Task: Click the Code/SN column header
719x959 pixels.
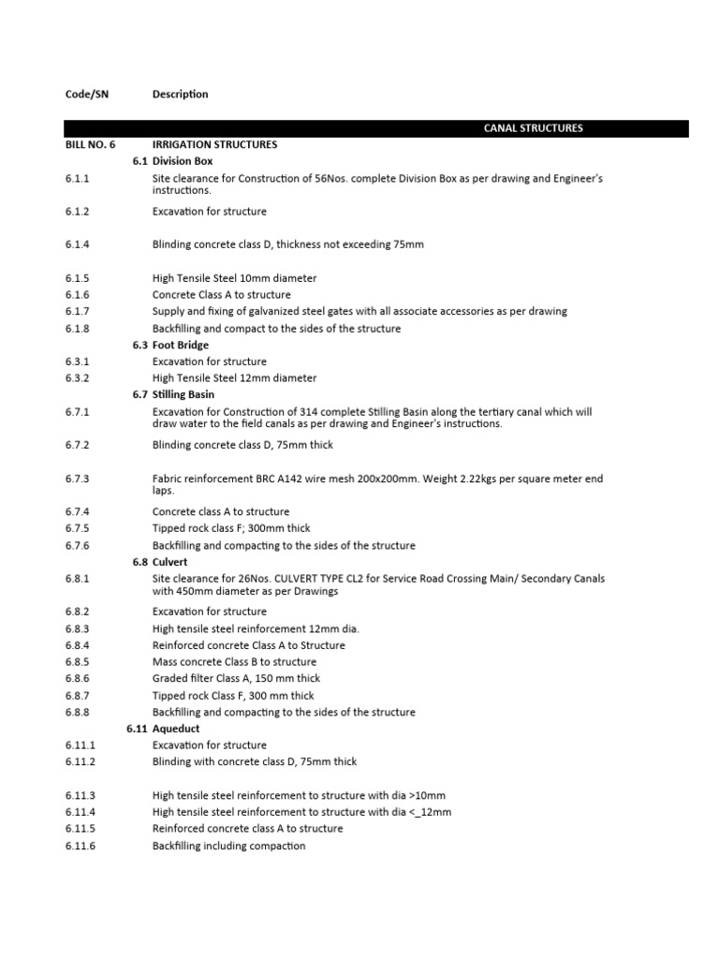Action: pos(86,94)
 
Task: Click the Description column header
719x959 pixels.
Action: pos(180,94)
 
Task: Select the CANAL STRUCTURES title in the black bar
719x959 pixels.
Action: pos(533,128)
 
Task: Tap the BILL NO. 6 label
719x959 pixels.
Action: pos(91,145)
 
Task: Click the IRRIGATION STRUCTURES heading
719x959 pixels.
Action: pos(214,145)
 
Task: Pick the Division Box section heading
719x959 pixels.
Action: pos(183,161)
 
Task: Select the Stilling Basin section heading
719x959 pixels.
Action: pos(188,394)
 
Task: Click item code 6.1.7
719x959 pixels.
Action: pos(77,311)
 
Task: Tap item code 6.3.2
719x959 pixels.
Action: pos(77,378)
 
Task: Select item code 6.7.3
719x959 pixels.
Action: pos(77,479)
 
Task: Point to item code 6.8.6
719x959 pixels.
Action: pos(77,679)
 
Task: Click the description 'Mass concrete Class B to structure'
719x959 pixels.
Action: pos(234,662)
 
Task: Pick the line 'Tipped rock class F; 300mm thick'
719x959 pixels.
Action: pos(231,528)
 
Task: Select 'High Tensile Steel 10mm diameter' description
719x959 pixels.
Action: pos(234,278)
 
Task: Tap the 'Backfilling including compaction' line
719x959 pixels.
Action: pos(228,846)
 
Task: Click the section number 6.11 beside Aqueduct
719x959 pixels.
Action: pos(137,729)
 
